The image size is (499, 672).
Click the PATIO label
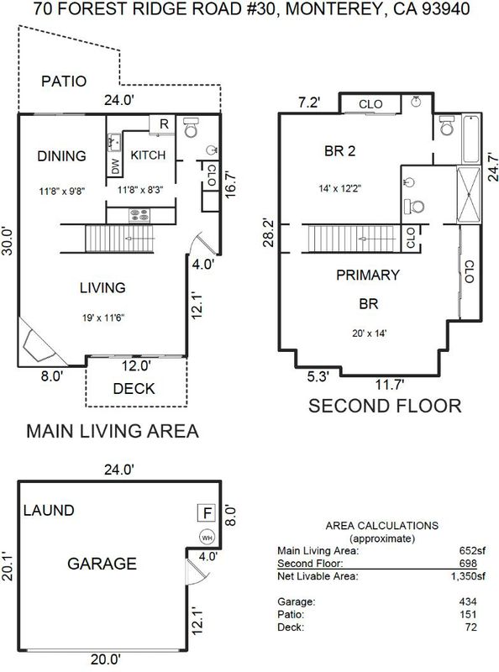pos(64,81)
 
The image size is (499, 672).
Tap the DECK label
pos(134,389)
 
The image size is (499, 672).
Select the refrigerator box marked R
pos(162,124)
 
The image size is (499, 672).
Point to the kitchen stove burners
pos(139,216)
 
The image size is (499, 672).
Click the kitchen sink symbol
pos(114,142)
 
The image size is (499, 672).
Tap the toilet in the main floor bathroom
pos(191,128)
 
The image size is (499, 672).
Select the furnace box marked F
pos(206,513)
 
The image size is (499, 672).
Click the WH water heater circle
pos(207,538)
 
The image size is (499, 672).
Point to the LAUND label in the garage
pos(49,511)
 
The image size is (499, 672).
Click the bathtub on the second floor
pos(470,139)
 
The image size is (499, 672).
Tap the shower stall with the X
pos(469,195)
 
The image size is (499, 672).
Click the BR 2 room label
pos(340,151)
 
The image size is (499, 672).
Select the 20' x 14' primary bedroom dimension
pos(369,333)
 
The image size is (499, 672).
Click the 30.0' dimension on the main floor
pos(8,241)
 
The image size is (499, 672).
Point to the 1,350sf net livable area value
pos(468,576)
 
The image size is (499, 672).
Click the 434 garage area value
pos(468,601)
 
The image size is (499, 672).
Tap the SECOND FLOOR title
pos(385,406)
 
